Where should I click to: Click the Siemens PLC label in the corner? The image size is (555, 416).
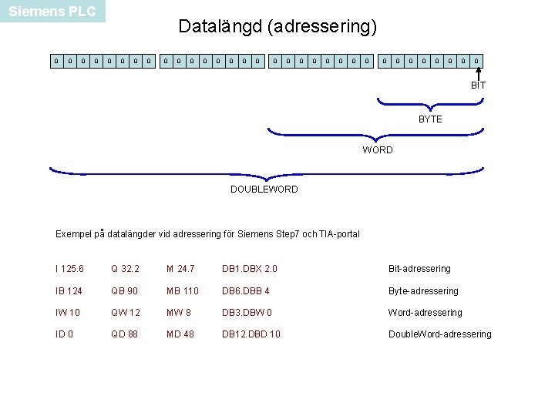coord(52,12)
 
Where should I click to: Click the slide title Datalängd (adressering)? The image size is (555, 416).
coord(277,27)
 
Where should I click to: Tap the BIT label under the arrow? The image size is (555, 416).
coord(478,86)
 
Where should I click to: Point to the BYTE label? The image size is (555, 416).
coord(430,119)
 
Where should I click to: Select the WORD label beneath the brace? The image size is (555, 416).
coord(378,150)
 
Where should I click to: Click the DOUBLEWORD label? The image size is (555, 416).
coord(264,190)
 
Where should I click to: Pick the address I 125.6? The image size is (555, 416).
coord(70,269)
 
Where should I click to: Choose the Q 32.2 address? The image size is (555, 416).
coord(125,269)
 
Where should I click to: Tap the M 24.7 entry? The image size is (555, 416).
coord(180,269)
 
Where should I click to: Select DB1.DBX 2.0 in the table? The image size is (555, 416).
coord(249,269)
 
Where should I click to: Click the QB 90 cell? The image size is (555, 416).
coord(124,291)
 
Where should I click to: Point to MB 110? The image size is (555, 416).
coord(182,291)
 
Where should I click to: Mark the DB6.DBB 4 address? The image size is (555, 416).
coord(246,291)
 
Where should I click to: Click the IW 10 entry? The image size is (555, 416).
coord(68,313)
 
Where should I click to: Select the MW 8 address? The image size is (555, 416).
coord(180,313)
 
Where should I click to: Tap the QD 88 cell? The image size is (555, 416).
coord(124,334)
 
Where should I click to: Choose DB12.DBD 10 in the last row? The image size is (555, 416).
coord(251,334)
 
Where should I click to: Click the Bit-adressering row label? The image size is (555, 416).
coord(419,269)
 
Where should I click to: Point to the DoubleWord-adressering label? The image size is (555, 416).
coord(439,334)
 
